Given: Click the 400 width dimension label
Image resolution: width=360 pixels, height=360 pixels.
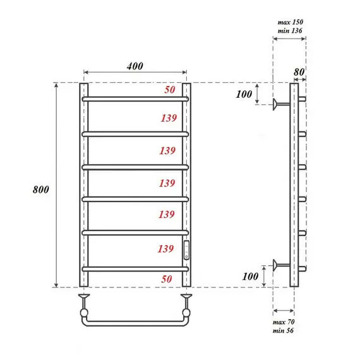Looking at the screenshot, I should coord(135,66).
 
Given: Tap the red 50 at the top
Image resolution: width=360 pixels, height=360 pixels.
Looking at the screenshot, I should coord(169,90).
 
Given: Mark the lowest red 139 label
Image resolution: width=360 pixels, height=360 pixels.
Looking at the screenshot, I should coord(167,249).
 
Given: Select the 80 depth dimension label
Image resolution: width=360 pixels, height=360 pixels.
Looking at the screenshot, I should coord(299,71).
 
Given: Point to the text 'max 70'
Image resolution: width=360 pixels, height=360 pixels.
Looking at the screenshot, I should coord(285,322).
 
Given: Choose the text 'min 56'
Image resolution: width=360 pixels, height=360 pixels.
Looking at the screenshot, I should coord(285,331).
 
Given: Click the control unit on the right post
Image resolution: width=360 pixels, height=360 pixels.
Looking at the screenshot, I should coord(186,251).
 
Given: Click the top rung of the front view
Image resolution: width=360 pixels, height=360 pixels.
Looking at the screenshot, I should coord(135,99).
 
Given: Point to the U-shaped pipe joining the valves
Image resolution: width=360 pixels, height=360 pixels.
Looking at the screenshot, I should coord(135,321).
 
